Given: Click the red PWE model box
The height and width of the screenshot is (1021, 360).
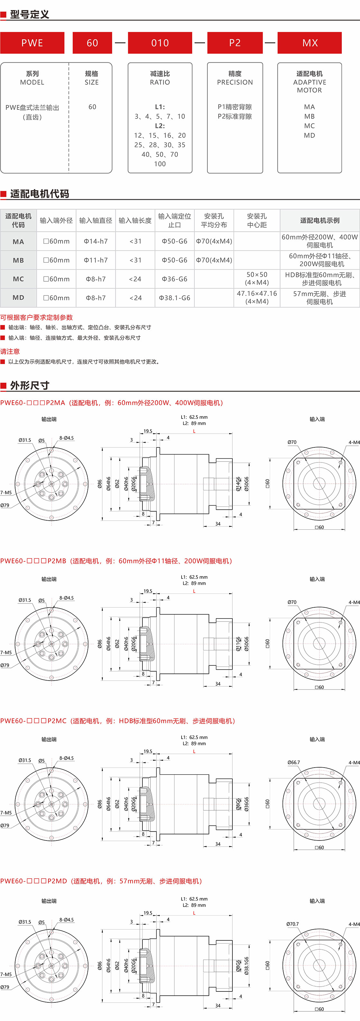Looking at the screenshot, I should pyautogui.click(x=32, y=43).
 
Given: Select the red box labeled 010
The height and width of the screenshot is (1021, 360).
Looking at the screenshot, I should pyautogui.click(x=160, y=43).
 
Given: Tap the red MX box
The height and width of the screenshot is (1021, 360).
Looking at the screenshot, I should pyautogui.click(x=310, y=43).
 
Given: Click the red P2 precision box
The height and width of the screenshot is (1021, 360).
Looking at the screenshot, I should pyautogui.click(x=235, y=43).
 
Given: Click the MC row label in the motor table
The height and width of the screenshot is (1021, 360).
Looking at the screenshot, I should pyautogui.click(x=18, y=279).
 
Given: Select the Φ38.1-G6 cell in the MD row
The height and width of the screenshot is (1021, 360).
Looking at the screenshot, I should pyautogui.click(x=175, y=298).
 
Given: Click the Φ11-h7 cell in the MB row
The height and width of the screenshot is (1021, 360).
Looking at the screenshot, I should pyautogui.click(x=95, y=260).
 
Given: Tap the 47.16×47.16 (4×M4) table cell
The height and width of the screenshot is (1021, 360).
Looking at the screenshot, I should pyautogui.click(x=256, y=297).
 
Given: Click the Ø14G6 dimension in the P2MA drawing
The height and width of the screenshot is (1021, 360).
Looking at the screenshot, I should pyautogui.click(x=238, y=484).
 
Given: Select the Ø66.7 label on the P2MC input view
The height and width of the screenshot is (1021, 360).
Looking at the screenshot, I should pyautogui.click(x=293, y=762).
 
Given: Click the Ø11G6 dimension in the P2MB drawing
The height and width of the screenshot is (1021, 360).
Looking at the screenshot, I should pyautogui.click(x=238, y=644).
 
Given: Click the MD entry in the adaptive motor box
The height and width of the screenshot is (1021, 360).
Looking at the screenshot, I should pyautogui.click(x=309, y=135).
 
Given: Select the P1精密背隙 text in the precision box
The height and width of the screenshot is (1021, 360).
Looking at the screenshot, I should pyautogui.click(x=235, y=107).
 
